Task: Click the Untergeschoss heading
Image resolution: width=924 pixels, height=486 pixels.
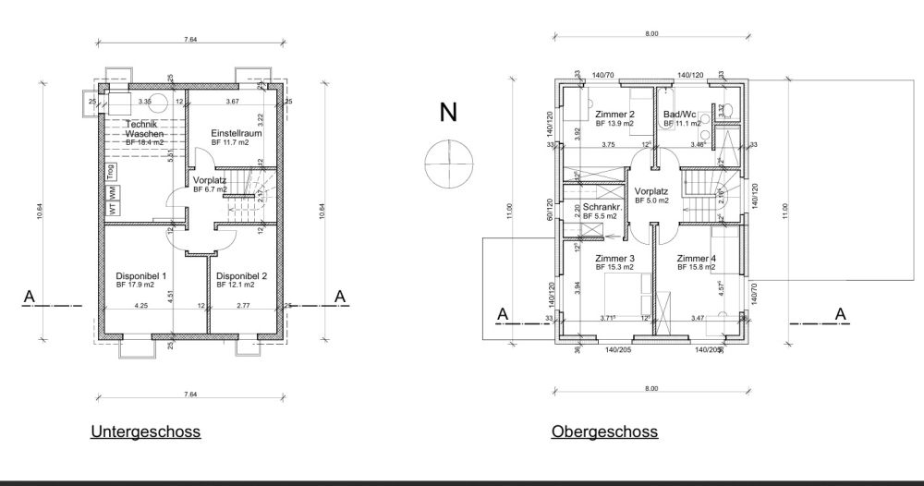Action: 145,431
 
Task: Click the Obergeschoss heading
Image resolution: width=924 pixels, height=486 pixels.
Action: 604,431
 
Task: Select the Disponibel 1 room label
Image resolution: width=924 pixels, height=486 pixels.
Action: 140,275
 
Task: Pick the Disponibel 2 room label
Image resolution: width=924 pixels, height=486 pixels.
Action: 241,275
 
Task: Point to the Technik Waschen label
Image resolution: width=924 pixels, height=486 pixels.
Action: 143,129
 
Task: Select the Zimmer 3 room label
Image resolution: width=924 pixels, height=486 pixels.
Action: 614,259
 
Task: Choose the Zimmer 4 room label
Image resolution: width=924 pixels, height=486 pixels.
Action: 696,259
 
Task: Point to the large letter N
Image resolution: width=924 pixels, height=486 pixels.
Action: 448,113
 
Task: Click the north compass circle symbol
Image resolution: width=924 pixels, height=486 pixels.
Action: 448,163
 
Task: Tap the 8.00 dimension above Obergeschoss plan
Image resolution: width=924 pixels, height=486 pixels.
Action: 651,34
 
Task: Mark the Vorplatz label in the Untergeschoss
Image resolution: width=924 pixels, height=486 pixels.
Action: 210,180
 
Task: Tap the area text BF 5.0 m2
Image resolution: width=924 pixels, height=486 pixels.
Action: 651,199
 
